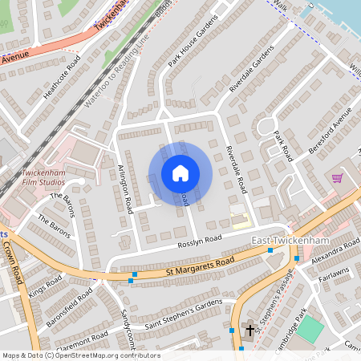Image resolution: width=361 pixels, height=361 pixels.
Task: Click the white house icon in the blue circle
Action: (180, 173)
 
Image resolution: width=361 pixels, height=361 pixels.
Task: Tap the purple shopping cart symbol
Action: (338, 177)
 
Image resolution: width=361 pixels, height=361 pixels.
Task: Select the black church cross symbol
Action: (249, 330)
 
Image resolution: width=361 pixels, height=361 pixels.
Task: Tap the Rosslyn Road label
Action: (200, 240)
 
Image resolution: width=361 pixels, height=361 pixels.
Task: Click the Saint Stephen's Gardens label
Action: (183, 315)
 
